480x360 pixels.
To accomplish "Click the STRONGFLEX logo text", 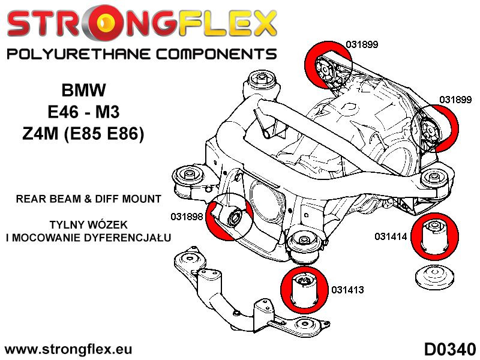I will [x=142, y=24].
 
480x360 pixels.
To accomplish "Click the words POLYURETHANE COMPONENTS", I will [x=142, y=54].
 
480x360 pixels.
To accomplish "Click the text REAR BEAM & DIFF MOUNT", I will [x=88, y=198].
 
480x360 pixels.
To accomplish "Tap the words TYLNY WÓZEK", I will [x=88, y=225].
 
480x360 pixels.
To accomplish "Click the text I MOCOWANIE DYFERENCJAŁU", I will [x=88, y=238].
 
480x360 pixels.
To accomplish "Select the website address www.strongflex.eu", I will [x=68, y=349].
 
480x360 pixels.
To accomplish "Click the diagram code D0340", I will [x=449, y=349].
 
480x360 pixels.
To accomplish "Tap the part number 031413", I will [x=347, y=290].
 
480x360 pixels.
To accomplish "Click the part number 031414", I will [x=391, y=236].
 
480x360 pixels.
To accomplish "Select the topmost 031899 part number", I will [x=362, y=43].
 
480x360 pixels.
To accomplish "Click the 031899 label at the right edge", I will [x=455, y=100].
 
